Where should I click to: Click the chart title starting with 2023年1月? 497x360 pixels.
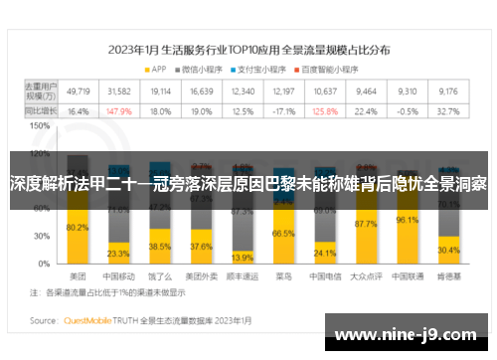click(x=249, y=48)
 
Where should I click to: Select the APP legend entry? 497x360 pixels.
click(x=158, y=69)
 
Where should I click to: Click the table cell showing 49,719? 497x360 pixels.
click(x=79, y=91)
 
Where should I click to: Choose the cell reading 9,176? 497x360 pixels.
click(x=447, y=91)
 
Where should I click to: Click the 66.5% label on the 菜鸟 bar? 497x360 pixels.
click(x=284, y=233)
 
